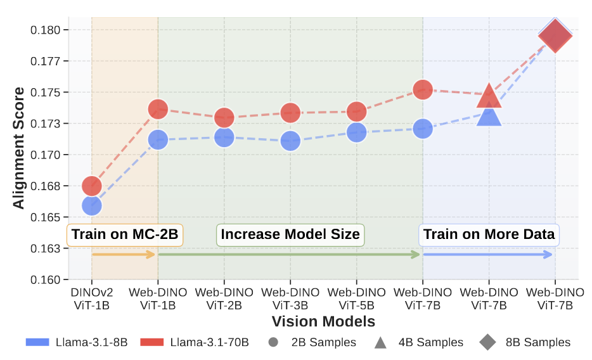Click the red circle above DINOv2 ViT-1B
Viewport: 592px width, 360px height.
point(92,186)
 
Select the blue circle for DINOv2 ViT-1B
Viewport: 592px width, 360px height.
point(92,205)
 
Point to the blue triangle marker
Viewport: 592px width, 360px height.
point(489,115)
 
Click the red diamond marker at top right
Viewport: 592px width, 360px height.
point(555,35)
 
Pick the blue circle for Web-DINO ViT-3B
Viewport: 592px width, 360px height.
point(290,141)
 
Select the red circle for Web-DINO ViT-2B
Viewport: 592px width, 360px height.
point(224,117)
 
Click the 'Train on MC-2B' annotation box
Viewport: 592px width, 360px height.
point(125,235)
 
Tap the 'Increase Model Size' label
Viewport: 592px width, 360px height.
point(290,235)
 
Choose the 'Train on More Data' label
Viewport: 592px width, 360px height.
point(489,235)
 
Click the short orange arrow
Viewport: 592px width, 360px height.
point(124,255)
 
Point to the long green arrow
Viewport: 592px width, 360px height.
point(289,255)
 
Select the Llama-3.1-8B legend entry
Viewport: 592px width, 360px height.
point(77,342)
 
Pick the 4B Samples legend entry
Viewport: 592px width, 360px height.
point(418,342)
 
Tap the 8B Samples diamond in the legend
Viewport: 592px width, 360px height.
point(487,342)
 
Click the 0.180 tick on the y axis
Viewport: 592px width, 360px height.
point(48,30)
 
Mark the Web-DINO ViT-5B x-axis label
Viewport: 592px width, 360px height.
point(356,299)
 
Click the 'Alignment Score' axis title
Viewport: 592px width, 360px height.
point(19,148)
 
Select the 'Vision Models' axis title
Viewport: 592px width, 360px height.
point(323,321)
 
